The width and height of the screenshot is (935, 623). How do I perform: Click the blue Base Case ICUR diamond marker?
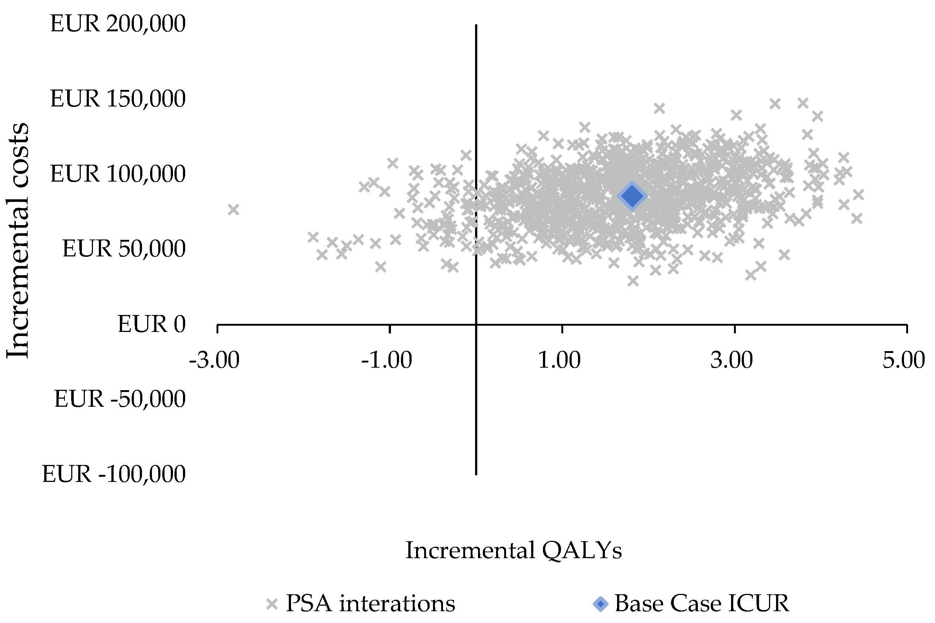[632, 196]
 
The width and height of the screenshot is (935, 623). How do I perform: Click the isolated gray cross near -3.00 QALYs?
[233, 209]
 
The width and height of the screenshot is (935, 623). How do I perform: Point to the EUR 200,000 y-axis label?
[118, 24]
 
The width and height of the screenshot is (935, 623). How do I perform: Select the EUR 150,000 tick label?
[118, 99]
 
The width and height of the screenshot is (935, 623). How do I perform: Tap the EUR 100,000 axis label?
[118, 174]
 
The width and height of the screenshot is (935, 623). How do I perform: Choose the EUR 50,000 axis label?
[124, 249]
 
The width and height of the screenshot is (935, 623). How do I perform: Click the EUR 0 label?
[152, 324]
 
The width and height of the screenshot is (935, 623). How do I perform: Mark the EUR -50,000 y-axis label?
[120, 399]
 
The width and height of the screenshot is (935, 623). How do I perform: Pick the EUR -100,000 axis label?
[114, 474]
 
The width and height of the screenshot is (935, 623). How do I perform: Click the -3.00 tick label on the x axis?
[214, 360]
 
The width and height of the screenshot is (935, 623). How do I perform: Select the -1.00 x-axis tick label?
[387, 360]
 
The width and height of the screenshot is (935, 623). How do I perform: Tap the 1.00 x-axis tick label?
[559, 360]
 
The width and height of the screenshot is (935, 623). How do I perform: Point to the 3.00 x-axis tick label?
[731, 360]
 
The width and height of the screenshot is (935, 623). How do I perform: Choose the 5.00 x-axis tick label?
[904, 360]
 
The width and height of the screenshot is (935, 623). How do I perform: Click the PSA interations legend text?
[370, 604]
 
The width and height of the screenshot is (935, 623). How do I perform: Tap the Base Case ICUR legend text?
[702, 604]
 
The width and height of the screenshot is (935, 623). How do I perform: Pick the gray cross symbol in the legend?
[272, 604]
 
